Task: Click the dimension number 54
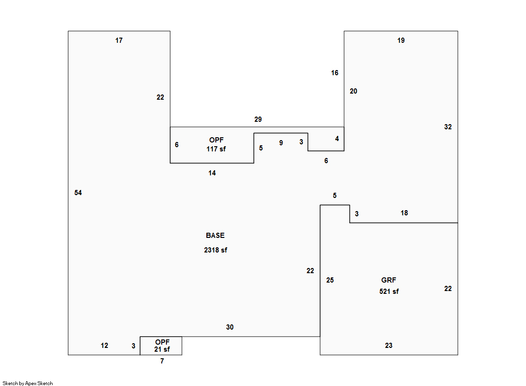78,193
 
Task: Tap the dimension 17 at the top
119,40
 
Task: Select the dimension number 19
401,40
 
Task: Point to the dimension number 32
448,127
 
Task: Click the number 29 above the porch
258,119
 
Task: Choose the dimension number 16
335,73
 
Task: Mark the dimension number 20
353,91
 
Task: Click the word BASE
215,235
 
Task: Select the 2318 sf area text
216,250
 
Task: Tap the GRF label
389,280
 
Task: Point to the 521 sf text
389,291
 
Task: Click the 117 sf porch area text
216,149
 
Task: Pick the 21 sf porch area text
162,349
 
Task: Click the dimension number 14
212,173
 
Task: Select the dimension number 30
230,327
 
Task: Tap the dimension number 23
389,346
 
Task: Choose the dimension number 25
330,280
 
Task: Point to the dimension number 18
404,213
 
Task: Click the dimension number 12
104,346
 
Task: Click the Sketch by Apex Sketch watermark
28,383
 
